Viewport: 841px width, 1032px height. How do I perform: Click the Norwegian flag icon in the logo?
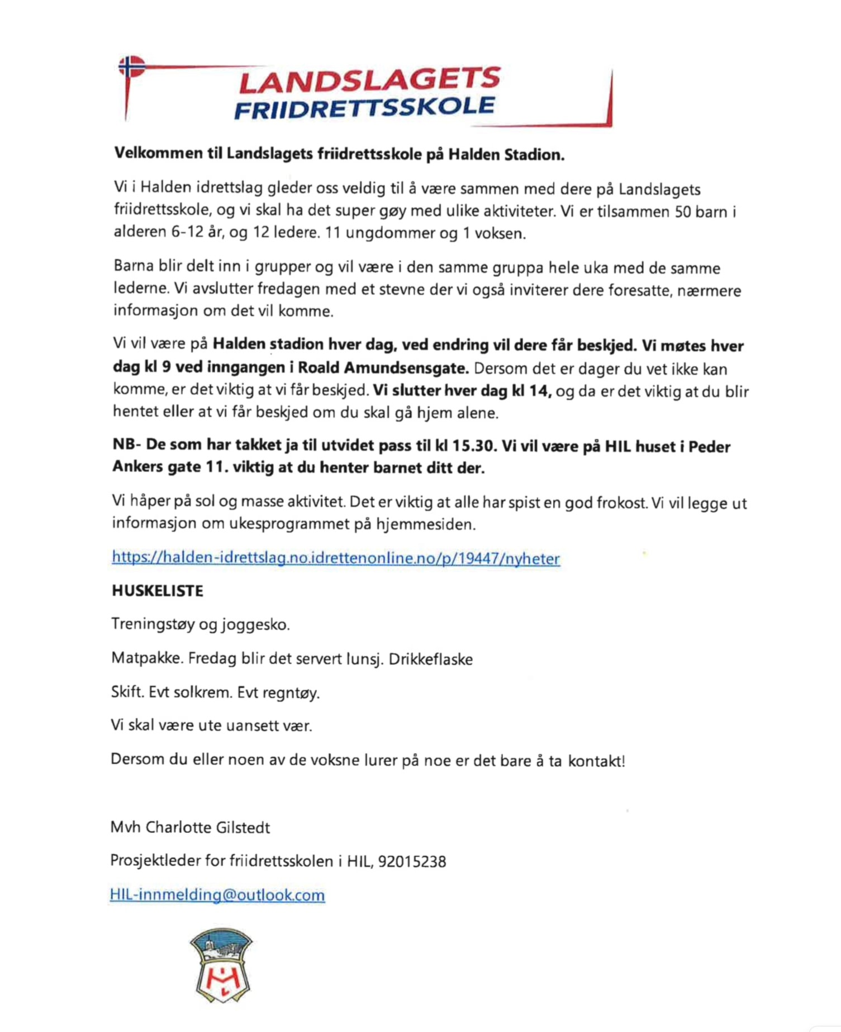[x=131, y=67]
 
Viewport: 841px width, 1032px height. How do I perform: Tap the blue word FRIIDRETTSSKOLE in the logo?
[x=364, y=107]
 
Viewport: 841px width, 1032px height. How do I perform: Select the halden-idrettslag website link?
[x=336, y=558]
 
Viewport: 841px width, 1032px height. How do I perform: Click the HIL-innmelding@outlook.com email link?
[x=217, y=894]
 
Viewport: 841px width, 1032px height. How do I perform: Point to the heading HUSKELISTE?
[x=158, y=591]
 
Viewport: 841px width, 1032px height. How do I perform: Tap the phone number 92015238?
[x=412, y=861]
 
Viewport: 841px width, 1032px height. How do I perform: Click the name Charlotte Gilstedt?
[x=207, y=827]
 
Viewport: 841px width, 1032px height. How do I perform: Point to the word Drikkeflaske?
[x=431, y=659]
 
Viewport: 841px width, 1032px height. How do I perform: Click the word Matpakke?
[x=147, y=658]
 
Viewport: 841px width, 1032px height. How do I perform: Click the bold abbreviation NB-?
[x=126, y=445]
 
